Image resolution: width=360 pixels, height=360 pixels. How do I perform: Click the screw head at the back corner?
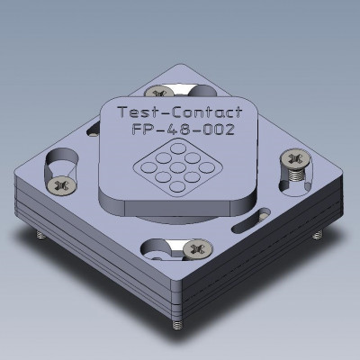click(x=163, y=92)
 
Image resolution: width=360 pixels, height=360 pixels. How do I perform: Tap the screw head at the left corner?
click(x=62, y=185)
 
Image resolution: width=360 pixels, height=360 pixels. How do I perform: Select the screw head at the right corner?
click(x=295, y=159)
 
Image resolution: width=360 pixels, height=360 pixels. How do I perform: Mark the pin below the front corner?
click(x=177, y=321)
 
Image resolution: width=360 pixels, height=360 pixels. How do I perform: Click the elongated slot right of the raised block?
click(x=260, y=212)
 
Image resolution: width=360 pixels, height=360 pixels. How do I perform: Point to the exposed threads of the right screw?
click(x=297, y=178)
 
